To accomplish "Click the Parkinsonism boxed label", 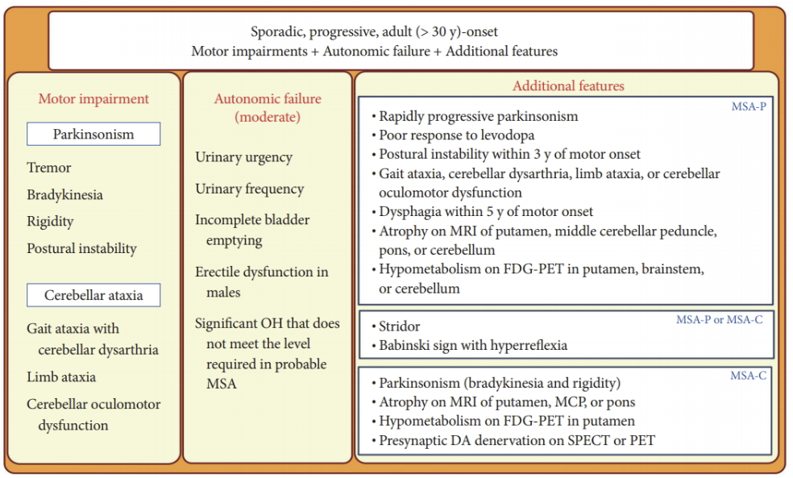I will (x=93, y=134).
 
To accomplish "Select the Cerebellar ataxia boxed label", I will (x=93, y=295).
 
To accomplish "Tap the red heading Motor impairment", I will (x=93, y=99).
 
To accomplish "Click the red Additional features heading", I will (x=568, y=85).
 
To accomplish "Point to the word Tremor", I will (x=49, y=168).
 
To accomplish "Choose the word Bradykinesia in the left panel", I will (x=64, y=194).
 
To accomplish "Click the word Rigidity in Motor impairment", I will (x=50, y=221).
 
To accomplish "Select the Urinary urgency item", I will (x=243, y=157).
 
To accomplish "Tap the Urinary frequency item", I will (x=249, y=189).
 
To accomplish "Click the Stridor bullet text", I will (x=400, y=326).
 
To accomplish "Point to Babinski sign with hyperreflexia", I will (x=473, y=345).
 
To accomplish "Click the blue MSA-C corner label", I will (x=748, y=375).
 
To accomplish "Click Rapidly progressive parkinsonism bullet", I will (x=479, y=116).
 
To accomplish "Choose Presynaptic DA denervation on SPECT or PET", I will (x=517, y=440).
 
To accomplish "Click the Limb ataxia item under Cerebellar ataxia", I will (x=61, y=376).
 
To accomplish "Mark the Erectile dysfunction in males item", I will (x=261, y=281).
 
